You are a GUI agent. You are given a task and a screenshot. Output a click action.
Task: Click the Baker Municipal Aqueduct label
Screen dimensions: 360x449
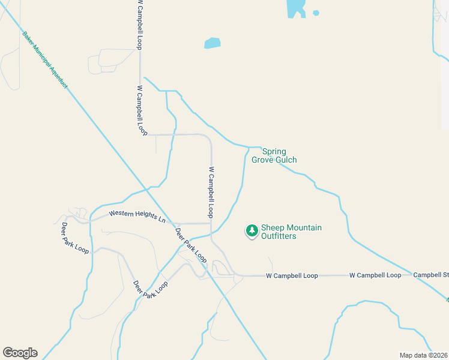pyautogui.click(x=45, y=60)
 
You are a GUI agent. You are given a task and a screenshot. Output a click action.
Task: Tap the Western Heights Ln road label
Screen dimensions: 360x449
pyautogui.click(x=137, y=217)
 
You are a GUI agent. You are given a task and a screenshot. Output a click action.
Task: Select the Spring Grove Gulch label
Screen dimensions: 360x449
pyautogui.click(x=279, y=155)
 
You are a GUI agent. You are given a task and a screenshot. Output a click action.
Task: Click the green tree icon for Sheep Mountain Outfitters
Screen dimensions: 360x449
pyautogui.click(x=252, y=230)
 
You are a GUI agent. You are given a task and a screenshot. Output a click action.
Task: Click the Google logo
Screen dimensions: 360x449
pyautogui.click(x=20, y=353)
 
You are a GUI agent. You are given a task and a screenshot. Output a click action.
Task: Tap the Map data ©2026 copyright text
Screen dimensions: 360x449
pyautogui.click(x=424, y=355)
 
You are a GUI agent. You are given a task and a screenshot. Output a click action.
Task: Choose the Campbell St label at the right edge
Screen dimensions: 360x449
pyautogui.click(x=430, y=275)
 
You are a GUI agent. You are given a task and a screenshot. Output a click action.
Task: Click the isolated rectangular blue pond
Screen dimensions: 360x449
pyautogui.click(x=212, y=43)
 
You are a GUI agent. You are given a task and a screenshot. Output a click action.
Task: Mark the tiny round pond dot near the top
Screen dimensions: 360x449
pyautogui.click(x=316, y=13)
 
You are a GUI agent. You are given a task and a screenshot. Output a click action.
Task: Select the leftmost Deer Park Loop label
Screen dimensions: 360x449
pyautogui.click(x=75, y=238)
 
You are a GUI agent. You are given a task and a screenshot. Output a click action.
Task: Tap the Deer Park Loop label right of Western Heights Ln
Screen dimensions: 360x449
pyautogui.click(x=190, y=245)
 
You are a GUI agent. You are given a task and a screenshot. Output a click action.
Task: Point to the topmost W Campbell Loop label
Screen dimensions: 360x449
pyautogui.click(x=140, y=25)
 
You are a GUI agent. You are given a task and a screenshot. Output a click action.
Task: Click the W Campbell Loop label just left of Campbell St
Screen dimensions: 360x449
pyautogui.click(x=375, y=275)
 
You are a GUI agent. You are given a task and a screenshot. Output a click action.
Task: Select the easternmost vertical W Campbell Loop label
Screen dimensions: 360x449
pyautogui.click(x=211, y=192)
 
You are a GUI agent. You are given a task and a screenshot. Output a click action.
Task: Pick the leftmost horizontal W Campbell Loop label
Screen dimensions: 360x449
pyautogui.click(x=292, y=275)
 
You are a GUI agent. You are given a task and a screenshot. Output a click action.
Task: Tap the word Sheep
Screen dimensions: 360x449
pyautogui.click(x=273, y=228)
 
